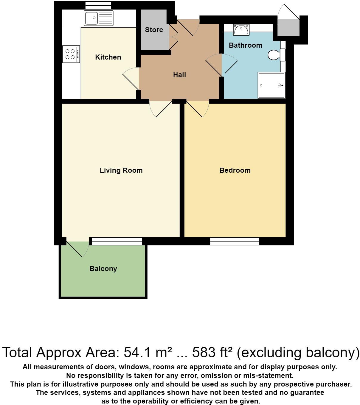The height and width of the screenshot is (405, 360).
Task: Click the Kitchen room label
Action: pos(108,57)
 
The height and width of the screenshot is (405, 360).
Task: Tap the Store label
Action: pos(154,30)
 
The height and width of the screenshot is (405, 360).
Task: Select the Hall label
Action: pos(179,75)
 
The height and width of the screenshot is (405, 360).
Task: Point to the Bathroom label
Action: pos(245,45)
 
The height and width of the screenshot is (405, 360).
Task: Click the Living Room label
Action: pos(121,170)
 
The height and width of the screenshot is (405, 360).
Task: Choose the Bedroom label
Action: pos(235,170)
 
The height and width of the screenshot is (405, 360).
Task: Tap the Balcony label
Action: pos(103,269)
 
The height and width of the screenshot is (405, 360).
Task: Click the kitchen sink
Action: pos(99,18)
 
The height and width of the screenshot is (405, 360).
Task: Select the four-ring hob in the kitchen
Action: pos(71,54)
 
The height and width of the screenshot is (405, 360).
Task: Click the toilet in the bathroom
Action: pos(276,55)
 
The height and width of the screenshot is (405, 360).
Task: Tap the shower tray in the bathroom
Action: pos(271,85)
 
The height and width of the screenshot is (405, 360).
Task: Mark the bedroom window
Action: pos(235,241)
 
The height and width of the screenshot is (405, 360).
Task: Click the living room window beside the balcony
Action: pos(117,241)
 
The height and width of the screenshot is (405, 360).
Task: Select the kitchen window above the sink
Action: pos(98,5)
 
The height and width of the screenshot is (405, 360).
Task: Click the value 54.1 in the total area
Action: pos(137,353)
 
